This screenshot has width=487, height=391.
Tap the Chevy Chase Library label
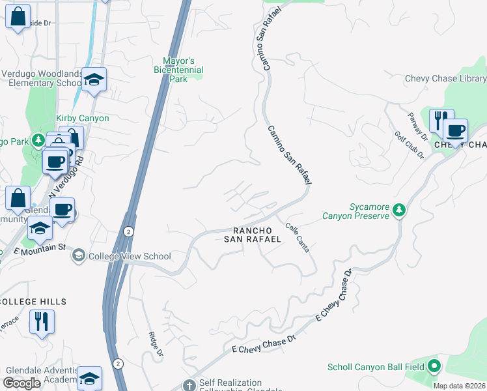pos(445,78)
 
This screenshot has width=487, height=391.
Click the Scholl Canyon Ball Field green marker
pos(434,367)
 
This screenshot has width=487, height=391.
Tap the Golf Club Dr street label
pos(409,145)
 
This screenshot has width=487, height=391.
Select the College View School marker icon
pos(79,255)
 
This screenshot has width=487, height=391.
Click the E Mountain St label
pos(40,248)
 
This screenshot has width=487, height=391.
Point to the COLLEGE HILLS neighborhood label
pos(33,302)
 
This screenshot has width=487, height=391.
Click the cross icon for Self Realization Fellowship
pos(189,384)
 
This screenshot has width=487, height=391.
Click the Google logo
pos(22,383)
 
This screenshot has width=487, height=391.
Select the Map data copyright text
pos(459,386)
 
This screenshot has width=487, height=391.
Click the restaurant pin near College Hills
pos(42,321)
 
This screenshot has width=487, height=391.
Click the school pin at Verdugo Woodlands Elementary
pos(94,80)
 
